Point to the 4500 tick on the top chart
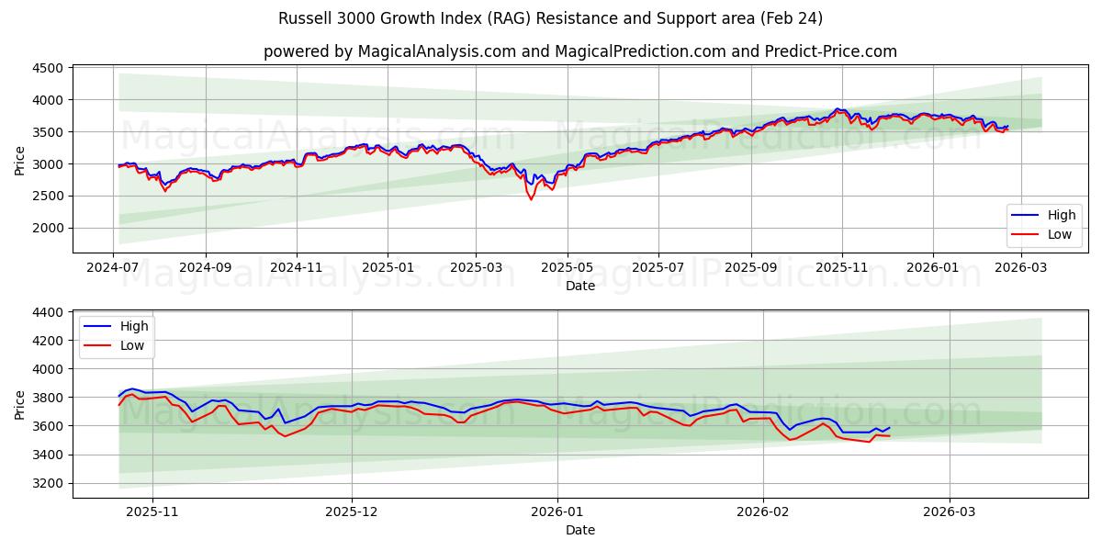point(48,68)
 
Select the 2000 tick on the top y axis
point(48,228)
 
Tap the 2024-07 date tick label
point(113,266)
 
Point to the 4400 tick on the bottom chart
point(48,312)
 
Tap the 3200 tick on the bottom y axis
point(48,483)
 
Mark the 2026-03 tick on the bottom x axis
point(950,511)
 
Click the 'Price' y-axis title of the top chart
point(20,160)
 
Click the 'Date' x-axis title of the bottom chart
point(579,530)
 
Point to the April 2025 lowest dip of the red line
point(531,199)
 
